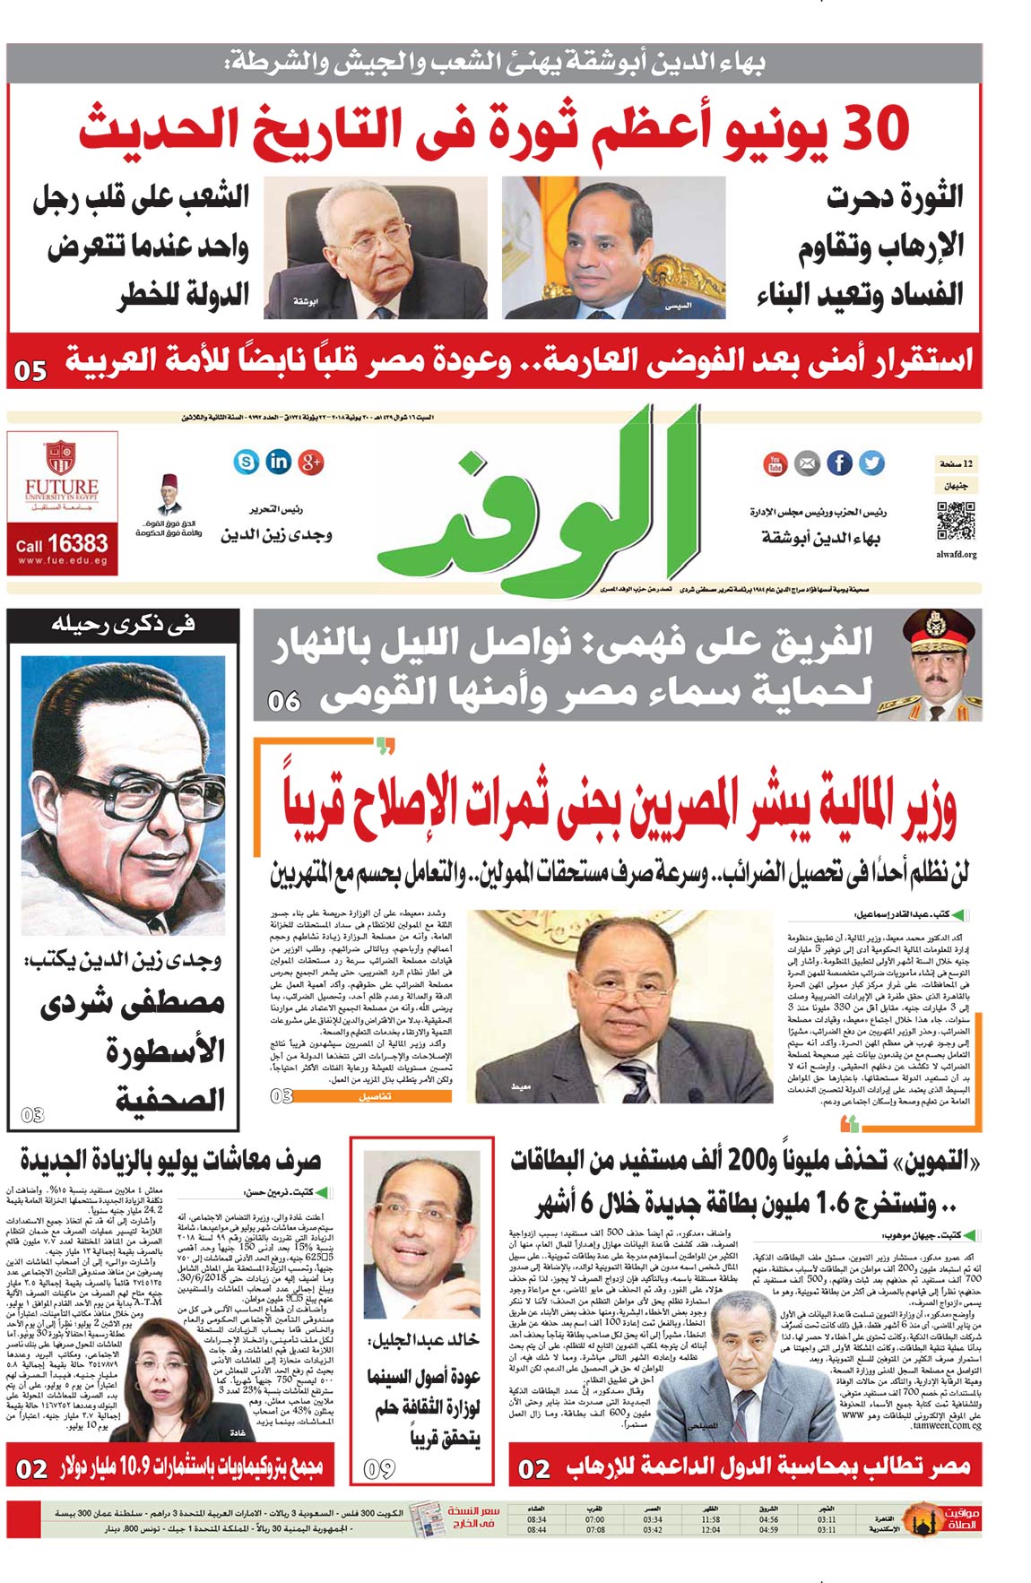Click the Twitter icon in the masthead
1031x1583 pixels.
click(871, 463)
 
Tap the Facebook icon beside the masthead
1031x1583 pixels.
click(839, 463)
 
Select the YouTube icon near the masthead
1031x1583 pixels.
click(775, 463)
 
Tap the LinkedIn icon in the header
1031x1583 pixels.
click(279, 462)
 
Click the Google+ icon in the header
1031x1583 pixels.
click(311, 462)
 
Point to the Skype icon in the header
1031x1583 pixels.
click(247, 462)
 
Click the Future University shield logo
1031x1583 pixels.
click(61, 456)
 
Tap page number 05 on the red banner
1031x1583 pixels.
click(31, 369)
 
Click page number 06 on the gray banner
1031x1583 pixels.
click(283, 701)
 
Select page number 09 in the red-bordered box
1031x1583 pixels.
click(379, 1468)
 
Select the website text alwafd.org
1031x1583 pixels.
click(957, 555)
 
